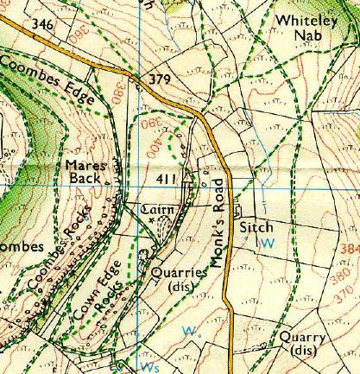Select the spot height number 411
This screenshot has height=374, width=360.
tap(168, 179)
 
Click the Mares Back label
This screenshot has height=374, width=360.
tap(86, 171)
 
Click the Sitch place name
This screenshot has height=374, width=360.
tap(256, 228)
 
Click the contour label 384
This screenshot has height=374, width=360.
tap(351, 249)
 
